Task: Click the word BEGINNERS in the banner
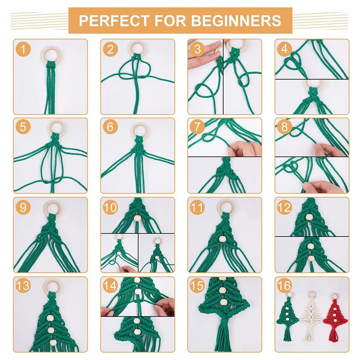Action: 236,21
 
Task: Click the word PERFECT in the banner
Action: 114,21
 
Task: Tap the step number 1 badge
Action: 23,49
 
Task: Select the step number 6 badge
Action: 110,127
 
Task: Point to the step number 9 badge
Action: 23,207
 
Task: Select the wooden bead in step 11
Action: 222,239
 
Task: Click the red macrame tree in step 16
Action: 336,317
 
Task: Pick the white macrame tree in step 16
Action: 311,317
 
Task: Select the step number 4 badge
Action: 284,49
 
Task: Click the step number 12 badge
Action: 284,207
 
